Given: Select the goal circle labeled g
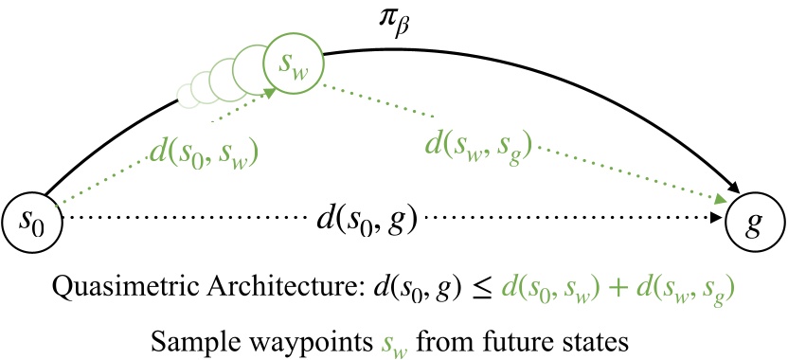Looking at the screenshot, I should (755, 225).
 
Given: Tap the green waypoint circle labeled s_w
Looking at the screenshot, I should (295, 63).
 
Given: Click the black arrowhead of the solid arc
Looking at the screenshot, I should (733, 190).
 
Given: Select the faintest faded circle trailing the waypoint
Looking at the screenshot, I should (187, 93).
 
